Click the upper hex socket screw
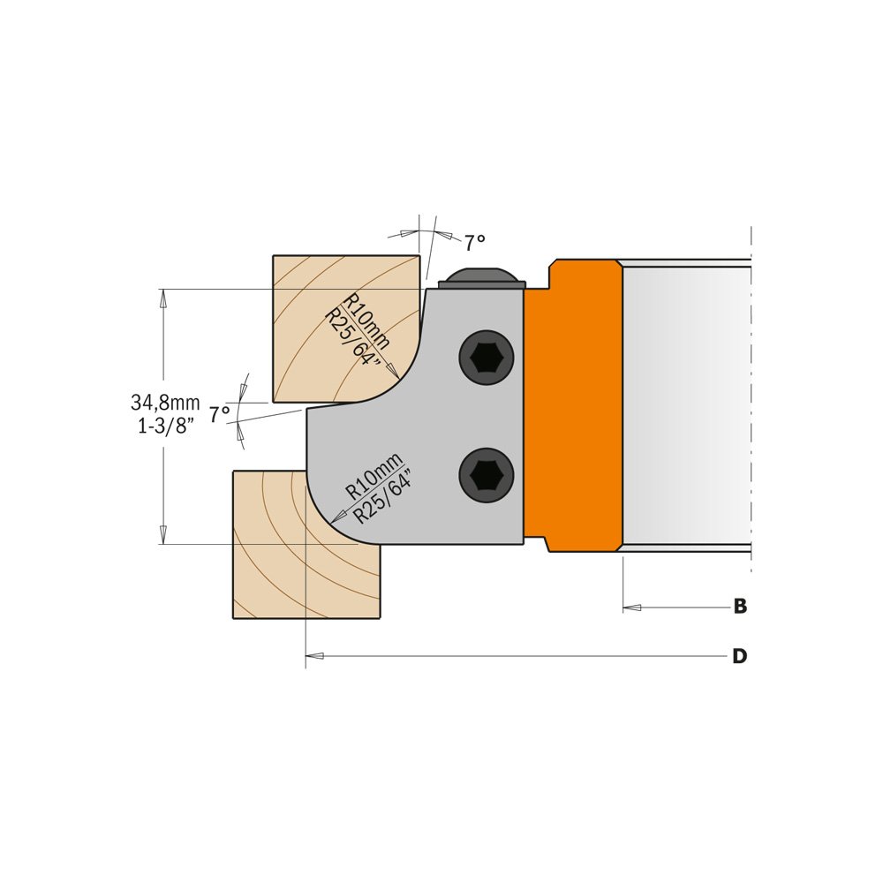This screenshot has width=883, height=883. click(486, 358)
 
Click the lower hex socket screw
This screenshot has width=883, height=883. click(486, 476)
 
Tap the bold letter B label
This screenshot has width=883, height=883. click(740, 607)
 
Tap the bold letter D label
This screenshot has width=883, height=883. click(739, 656)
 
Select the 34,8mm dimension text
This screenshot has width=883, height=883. click(165, 403)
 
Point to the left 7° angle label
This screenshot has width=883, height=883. click(219, 412)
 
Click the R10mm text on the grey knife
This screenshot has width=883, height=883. click(373, 476)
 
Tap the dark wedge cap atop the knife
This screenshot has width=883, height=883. click(481, 275)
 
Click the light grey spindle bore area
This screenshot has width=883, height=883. click(684, 406)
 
